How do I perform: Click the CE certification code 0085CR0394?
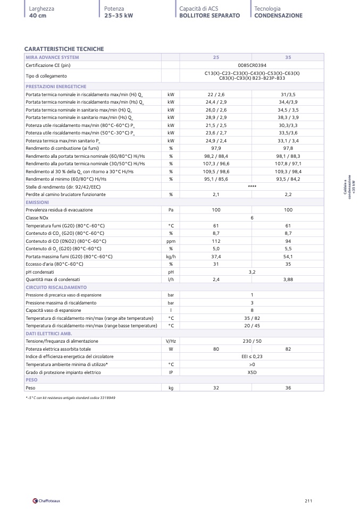click(252, 65)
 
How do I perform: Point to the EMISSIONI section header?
click(38, 202)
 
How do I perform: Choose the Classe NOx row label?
click(39, 218)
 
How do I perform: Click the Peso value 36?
click(288, 388)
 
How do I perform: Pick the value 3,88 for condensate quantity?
click(288, 279)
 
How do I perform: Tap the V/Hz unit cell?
click(171, 341)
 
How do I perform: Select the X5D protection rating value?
click(252, 372)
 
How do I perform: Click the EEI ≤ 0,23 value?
click(252, 357)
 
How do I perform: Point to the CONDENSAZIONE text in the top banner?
click(278, 16)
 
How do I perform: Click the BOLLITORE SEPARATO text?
click(210, 16)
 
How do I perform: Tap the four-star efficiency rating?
click(252, 187)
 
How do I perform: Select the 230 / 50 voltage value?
click(252, 341)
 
